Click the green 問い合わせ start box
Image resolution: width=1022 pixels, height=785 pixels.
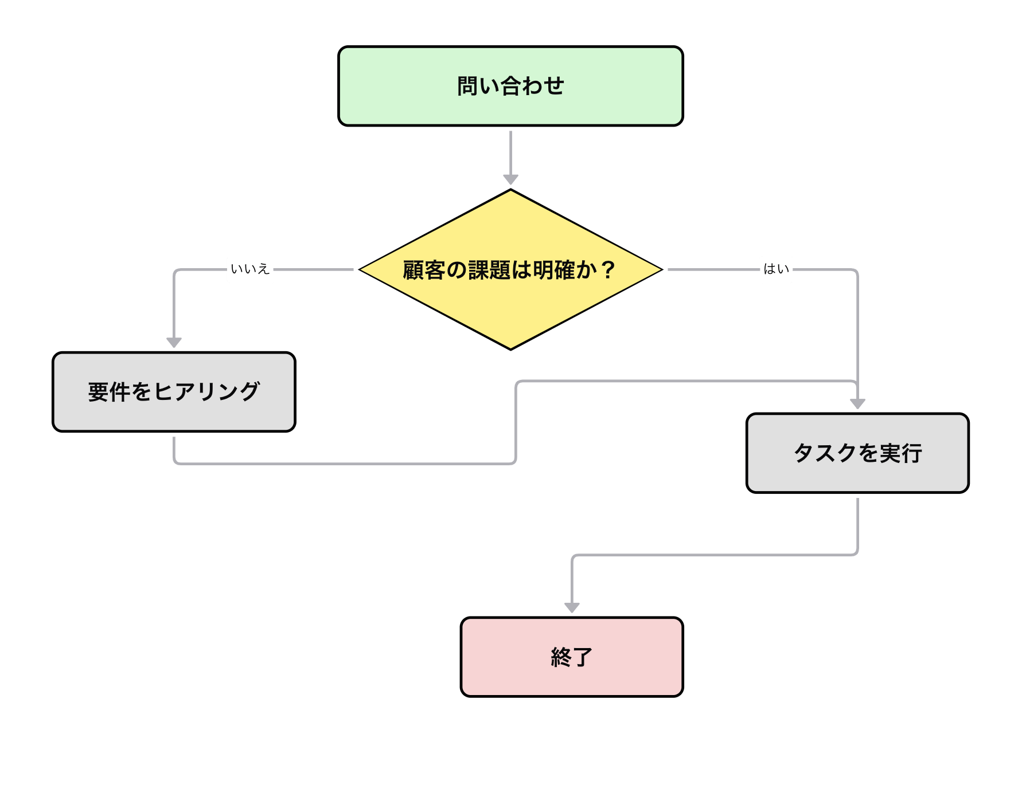[x=510, y=86]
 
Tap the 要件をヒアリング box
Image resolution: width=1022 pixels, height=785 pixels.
[x=174, y=392]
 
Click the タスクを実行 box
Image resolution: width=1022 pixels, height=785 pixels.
[x=857, y=453]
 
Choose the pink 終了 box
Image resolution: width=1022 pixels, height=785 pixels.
[x=572, y=657]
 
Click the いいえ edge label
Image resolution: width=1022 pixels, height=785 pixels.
[x=250, y=269]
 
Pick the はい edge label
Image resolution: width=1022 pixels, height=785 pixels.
[x=777, y=269]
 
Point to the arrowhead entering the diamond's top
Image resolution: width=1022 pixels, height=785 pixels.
[x=510, y=179]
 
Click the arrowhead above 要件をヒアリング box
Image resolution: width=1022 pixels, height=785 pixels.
[x=174, y=343]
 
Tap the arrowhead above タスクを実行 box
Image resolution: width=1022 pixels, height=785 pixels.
[x=857, y=404]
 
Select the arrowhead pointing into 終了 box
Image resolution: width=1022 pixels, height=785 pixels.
[x=572, y=608]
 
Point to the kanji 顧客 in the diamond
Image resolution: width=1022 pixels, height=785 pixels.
[x=424, y=270]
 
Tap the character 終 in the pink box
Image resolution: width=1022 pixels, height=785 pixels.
[x=561, y=657]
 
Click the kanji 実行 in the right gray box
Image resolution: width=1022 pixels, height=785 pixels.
[x=901, y=453]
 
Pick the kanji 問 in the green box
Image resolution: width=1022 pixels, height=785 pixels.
[x=468, y=86]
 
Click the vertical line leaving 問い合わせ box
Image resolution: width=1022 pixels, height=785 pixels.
[x=510, y=152]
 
